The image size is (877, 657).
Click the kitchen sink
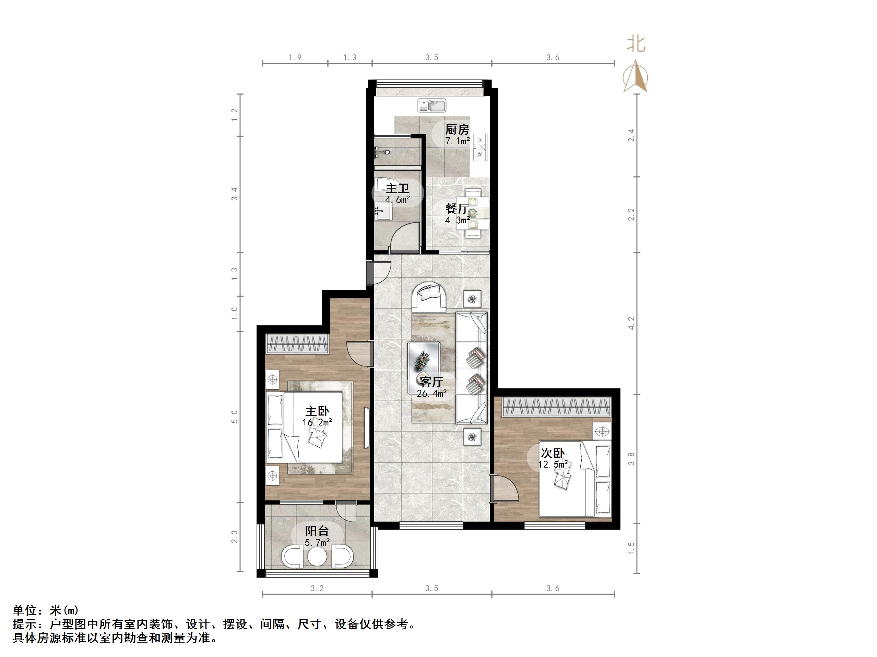[x=432, y=106]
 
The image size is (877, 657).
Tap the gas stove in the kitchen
[x=480, y=147]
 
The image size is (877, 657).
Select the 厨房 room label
[x=457, y=129]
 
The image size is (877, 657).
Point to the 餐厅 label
[x=457, y=208]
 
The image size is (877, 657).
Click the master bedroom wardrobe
[x=297, y=344]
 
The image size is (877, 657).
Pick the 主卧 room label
[x=317, y=411]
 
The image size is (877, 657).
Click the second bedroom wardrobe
[x=557, y=407]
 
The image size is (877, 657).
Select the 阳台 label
[x=317, y=531]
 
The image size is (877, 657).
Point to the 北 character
[x=636, y=44]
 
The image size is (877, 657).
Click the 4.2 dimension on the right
[x=631, y=323]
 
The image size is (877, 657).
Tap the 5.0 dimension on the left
[x=235, y=417]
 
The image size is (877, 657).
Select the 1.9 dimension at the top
[x=295, y=58]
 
